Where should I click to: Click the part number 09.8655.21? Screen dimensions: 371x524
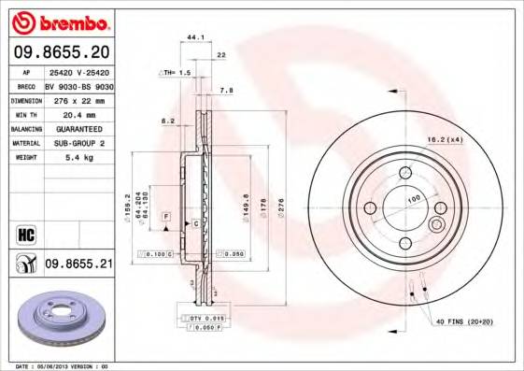click(x=78, y=264)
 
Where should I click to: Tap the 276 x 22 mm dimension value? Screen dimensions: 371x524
click(x=77, y=99)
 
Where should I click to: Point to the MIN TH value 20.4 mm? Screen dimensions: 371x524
click(x=77, y=114)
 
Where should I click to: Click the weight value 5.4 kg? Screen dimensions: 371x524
click(x=77, y=158)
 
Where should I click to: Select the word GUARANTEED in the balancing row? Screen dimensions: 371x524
click(x=77, y=129)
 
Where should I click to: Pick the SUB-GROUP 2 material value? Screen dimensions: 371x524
click(x=77, y=143)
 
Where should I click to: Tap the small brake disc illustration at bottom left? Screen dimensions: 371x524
click(x=59, y=319)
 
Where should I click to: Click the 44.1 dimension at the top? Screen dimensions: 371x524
click(x=196, y=37)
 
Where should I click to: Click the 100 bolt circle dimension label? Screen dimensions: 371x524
click(x=413, y=199)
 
